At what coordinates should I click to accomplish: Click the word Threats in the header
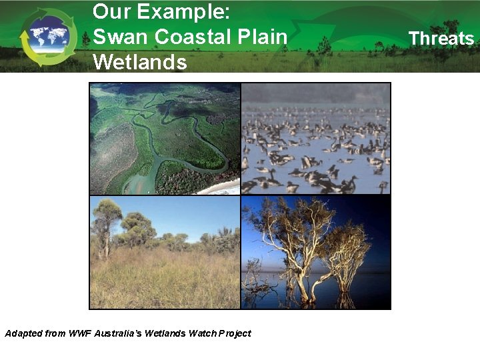point(441,39)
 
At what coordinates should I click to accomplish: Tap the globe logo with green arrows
point(48,37)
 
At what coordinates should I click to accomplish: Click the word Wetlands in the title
point(140,62)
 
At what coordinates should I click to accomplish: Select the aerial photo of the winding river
point(165,138)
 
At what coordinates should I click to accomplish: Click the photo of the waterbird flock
point(315,138)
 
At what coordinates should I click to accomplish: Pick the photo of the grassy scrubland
point(165,252)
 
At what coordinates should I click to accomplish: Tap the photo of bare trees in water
point(315,252)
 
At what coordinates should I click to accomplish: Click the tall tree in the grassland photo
point(105,227)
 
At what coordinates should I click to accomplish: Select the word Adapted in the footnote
point(23,333)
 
